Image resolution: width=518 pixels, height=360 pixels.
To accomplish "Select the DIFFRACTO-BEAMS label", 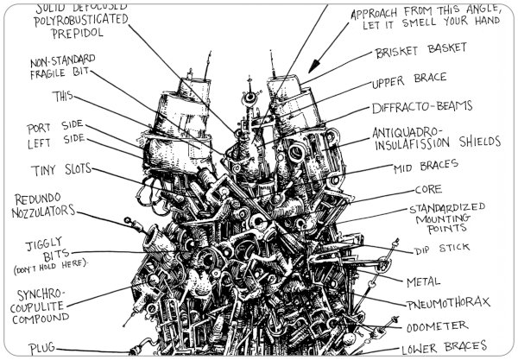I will pos(422,109).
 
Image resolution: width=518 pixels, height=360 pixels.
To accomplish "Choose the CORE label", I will pos(428,189).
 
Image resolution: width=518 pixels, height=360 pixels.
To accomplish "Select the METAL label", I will pos(424,281).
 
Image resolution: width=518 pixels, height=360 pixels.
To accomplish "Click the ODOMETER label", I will pos(435,326).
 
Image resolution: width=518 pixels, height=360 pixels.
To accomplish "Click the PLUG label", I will pos(41,348).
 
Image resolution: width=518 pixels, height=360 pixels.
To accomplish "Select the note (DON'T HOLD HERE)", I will pos(51,261).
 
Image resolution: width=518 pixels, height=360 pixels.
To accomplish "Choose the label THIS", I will pos(62,95).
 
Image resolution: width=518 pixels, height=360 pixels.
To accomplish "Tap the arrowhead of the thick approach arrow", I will pos(312,66).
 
